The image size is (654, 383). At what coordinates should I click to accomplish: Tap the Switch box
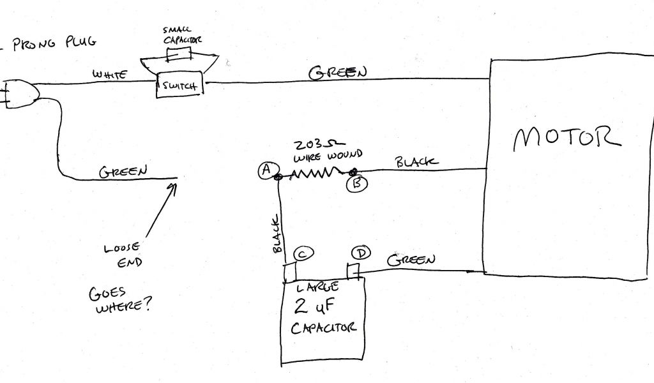[x=179, y=86]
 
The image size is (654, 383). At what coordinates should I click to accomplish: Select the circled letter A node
[x=264, y=170]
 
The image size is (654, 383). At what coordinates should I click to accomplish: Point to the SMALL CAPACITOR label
[x=182, y=34]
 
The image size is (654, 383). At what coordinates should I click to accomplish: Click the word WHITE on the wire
[x=110, y=75]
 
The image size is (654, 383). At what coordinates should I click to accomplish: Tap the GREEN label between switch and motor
[x=338, y=73]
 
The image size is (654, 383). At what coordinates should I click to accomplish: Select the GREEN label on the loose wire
[x=123, y=171]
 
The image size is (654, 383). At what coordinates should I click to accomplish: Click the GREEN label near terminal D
[x=411, y=260]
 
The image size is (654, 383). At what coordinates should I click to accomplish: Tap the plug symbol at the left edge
[x=19, y=94]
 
